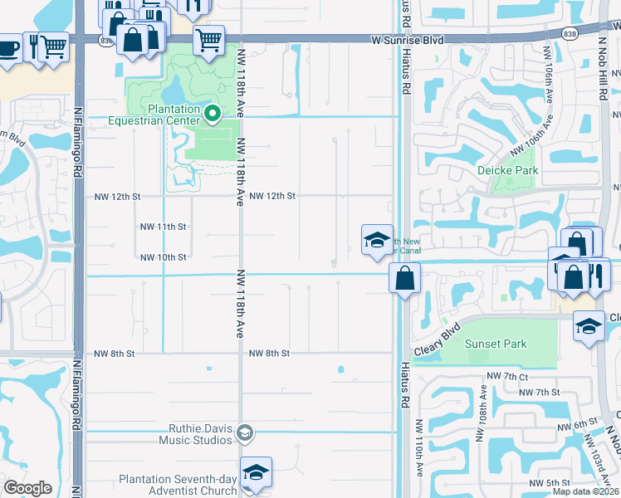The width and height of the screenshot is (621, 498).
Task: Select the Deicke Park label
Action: coord(508,170)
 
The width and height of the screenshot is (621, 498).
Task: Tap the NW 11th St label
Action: coord(163,227)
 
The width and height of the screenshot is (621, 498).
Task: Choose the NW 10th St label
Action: coord(163,257)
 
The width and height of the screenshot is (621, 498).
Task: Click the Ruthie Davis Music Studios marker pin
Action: coord(244,432)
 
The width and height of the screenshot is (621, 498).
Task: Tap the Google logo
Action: coord(27,487)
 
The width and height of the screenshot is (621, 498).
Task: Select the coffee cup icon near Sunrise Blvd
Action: coord(7,46)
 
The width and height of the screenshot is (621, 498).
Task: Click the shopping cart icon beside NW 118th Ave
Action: coord(209,38)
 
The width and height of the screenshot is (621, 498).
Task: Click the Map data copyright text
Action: coord(585,491)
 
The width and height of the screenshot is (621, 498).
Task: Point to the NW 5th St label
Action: coord(550,482)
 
